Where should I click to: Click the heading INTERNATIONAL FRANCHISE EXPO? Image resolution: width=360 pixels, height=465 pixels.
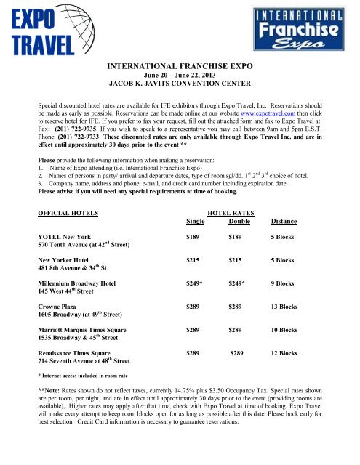click(x=180, y=67)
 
